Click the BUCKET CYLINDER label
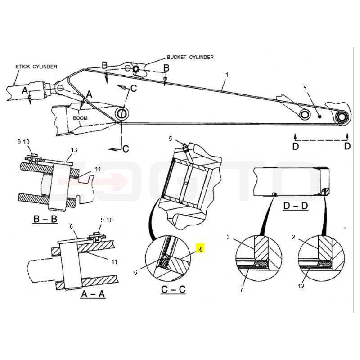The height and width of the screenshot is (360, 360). click(x=190, y=57)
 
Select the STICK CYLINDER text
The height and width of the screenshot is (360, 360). click(x=36, y=67)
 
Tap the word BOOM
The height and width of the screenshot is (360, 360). click(x=80, y=118)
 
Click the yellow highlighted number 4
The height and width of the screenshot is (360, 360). click(x=200, y=250)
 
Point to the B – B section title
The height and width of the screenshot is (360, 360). click(x=45, y=219)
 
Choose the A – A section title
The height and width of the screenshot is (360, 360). click(x=93, y=294)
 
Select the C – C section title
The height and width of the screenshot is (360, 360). click(x=173, y=289)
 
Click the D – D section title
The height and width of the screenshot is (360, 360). click(x=296, y=206)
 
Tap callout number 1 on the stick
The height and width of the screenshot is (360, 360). click(x=227, y=75)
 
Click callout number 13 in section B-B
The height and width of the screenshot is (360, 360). click(x=74, y=150)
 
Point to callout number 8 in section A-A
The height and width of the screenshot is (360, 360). click(x=71, y=226)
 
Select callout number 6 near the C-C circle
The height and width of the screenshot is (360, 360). click(x=135, y=272)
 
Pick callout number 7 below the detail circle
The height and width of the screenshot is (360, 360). click(x=241, y=290)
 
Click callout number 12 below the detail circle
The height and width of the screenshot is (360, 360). click(x=301, y=286)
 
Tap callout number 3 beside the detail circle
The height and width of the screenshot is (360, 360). click(x=228, y=237)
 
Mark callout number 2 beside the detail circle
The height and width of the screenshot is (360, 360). click(x=293, y=237)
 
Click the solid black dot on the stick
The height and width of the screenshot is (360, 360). click(x=319, y=117)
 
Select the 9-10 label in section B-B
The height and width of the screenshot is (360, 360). click(x=23, y=142)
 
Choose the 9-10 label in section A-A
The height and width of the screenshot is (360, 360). click(x=107, y=220)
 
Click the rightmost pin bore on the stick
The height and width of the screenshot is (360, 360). click(x=342, y=117)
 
